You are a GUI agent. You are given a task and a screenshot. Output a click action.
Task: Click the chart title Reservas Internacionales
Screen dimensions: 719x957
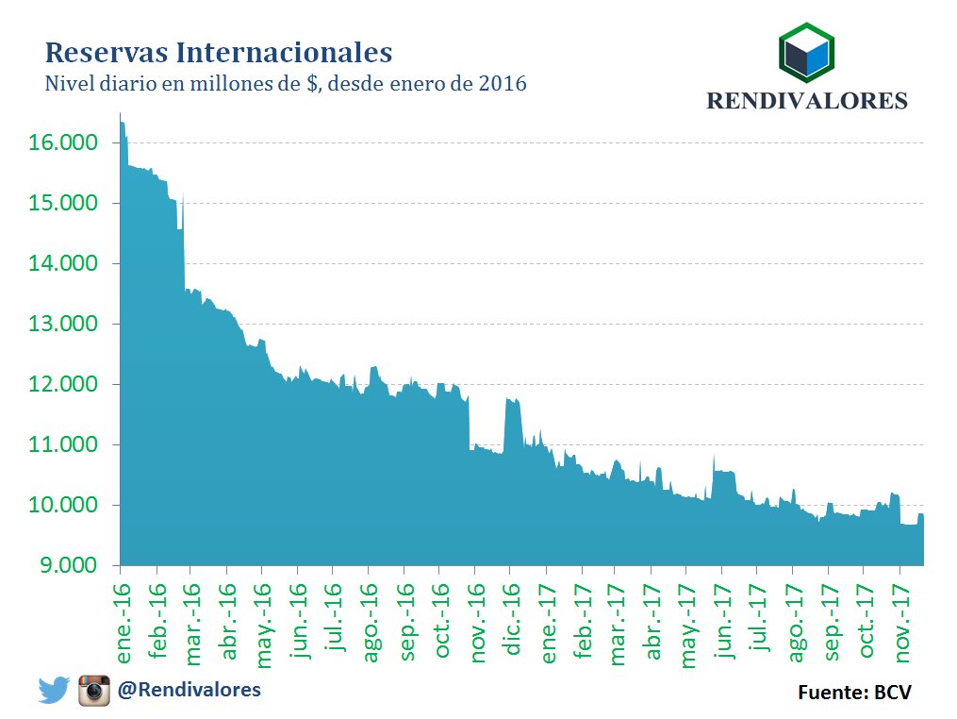(219, 50)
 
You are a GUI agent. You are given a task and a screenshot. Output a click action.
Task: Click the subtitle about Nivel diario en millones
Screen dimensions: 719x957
(285, 84)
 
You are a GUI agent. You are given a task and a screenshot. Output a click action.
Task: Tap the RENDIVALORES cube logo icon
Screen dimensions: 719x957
(807, 55)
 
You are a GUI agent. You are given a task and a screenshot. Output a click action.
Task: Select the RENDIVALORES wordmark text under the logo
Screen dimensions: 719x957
(807, 101)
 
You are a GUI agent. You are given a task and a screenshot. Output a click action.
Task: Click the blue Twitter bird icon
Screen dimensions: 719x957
(55, 691)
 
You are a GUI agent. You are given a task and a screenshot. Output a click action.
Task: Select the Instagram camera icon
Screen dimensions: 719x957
(94, 691)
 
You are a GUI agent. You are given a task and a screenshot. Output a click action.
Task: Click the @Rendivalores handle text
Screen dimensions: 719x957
(189, 690)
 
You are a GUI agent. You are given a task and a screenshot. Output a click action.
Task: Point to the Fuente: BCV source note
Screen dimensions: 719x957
(854, 693)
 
